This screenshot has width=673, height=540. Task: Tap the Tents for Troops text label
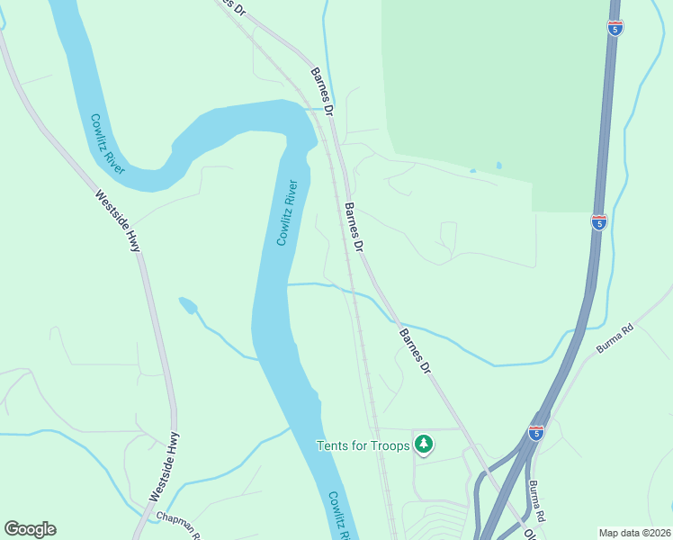coord(363,445)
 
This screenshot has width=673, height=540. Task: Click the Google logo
coord(30,529)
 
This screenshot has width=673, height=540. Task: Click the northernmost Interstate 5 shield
coord(615,29)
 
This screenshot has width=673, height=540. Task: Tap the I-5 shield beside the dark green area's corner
coord(598,220)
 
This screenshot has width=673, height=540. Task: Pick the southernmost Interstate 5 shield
coord(536,433)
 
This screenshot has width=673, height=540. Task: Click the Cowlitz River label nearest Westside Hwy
coord(107,142)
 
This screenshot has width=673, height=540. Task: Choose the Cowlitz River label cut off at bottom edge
coord(338,516)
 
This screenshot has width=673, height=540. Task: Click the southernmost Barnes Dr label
coord(416,351)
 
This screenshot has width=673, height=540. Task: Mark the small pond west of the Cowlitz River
coord(188,305)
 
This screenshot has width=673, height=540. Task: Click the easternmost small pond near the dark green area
coord(498,166)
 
